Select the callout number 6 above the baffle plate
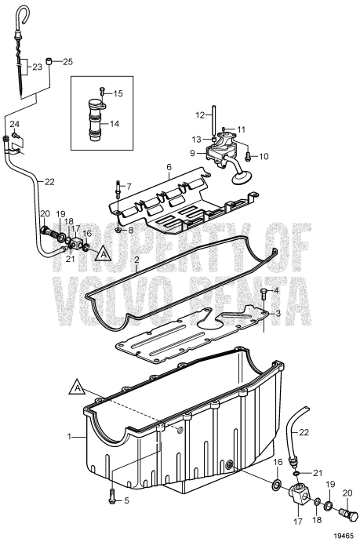point(167,167)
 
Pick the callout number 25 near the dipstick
point(67,61)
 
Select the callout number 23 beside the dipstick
point(38,68)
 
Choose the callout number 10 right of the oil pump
point(264,156)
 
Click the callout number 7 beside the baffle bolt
point(129,188)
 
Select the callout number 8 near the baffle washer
point(129,230)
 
